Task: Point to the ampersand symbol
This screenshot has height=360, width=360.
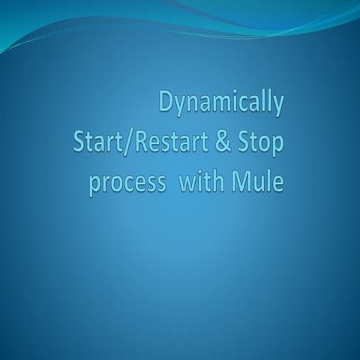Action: point(228,142)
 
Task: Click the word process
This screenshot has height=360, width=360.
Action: point(126,183)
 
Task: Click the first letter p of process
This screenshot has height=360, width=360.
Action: point(95,184)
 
